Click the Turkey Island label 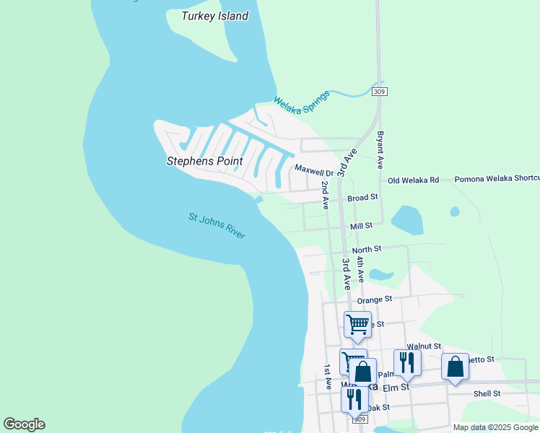point(214,16)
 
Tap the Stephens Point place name point(204,161)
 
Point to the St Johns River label point(217,226)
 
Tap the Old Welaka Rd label point(413,180)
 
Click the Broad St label point(362,197)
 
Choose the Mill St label point(361,226)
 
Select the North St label point(366,250)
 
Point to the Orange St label point(374,298)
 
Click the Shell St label point(487,393)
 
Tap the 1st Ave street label point(327,377)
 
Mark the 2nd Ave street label point(326,196)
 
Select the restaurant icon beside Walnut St point(406,362)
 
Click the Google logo point(25,424)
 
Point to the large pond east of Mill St point(406,220)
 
